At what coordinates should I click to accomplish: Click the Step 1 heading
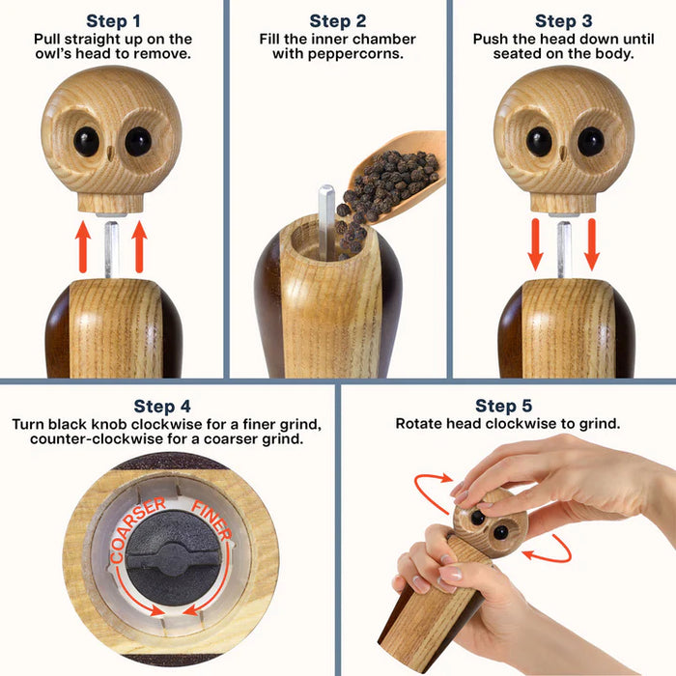click(113, 20)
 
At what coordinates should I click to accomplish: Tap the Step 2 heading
click(337, 20)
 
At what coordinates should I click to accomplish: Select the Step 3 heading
click(563, 20)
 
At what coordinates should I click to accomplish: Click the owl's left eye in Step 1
click(85, 141)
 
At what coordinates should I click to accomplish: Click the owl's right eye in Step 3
click(590, 142)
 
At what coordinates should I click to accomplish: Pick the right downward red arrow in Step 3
click(591, 245)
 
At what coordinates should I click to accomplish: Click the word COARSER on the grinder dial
click(129, 537)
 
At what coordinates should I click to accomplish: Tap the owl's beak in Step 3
click(564, 154)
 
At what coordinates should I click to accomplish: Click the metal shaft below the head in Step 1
click(112, 247)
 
